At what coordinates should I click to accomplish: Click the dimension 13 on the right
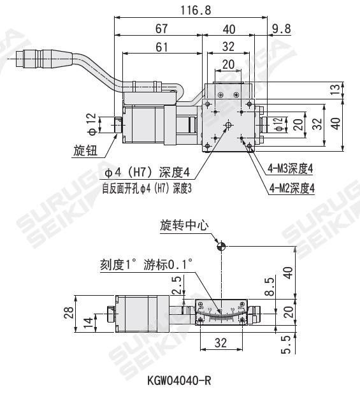pos(336,91)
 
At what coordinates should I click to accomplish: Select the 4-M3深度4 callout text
pos(291,169)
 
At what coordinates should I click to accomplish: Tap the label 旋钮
pos(83,151)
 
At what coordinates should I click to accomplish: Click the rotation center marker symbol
pos(221,246)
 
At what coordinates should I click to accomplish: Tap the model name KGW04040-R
pos(179,381)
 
